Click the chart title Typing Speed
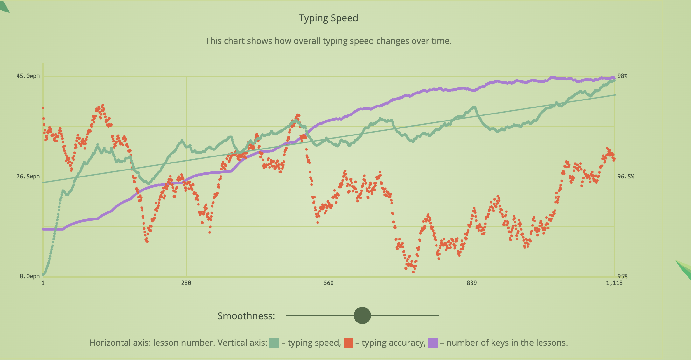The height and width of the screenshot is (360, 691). coord(328,18)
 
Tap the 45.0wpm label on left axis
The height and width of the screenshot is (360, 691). coord(28,76)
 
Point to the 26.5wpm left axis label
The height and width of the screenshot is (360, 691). coord(28,177)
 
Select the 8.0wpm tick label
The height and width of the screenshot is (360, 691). coord(30,276)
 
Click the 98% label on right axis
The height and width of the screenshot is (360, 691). coord(622,76)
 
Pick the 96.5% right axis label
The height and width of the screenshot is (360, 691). coord(625,177)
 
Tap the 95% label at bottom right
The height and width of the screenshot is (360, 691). coord(622,276)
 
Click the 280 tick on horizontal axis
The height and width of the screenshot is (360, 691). coord(186,283)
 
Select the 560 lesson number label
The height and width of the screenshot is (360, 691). coord(329,283)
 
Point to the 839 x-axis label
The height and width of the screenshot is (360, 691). coord(472,283)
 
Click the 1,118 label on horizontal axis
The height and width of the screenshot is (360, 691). coord(614,283)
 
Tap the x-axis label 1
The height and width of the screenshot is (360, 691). coord(43,283)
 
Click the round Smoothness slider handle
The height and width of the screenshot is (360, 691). coord(362,315)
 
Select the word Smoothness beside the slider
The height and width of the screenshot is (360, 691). coord(246,316)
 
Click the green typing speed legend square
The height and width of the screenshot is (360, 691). coord(274,343)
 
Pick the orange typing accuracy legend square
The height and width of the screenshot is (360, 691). coord(348,343)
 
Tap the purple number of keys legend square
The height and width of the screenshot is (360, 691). coord(433,343)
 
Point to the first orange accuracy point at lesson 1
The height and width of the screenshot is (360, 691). coord(43,108)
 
